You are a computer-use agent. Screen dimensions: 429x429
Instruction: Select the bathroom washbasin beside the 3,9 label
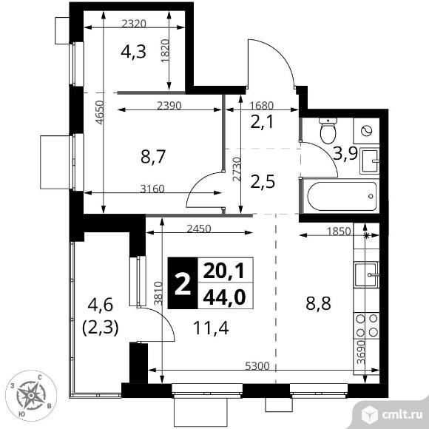click(369, 161)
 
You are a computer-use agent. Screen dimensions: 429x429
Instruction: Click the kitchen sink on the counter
click(367, 274)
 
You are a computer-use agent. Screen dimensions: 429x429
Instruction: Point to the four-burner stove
click(367, 325)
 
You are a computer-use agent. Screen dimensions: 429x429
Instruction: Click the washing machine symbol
click(366, 131)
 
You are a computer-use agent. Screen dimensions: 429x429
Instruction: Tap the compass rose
click(31, 396)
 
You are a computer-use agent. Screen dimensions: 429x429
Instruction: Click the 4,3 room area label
click(133, 52)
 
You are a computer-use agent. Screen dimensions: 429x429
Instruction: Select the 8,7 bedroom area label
click(153, 157)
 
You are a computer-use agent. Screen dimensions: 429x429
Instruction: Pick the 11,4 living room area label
click(211, 328)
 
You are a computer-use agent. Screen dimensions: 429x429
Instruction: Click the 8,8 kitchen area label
click(318, 303)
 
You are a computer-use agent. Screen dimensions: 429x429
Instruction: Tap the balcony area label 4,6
click(100, 305)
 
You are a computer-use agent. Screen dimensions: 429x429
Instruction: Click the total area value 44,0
click(224, 297)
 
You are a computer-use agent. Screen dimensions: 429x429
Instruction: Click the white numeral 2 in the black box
click(183, 285)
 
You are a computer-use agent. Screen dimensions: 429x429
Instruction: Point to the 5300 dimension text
click(257, 366)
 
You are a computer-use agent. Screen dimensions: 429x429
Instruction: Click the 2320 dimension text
click(134, 24)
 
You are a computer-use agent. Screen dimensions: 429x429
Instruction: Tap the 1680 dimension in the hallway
click(262, 106)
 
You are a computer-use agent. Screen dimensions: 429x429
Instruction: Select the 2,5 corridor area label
click(263, 183)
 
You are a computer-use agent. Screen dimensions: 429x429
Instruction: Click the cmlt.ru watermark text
click(402, 415)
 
